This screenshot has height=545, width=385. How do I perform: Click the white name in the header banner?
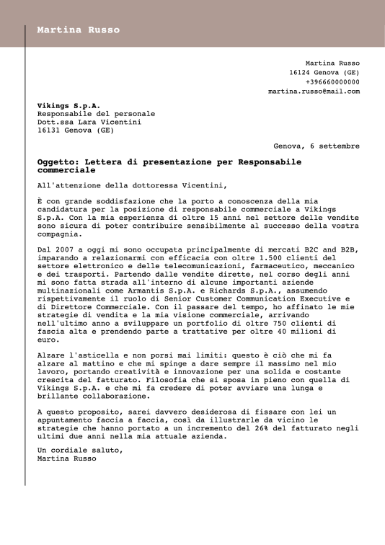point(78,30)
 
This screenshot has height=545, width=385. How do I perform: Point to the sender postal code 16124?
point(300,73)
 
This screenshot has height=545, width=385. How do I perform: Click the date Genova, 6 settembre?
point(317,146)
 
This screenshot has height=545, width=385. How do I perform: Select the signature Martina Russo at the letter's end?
point(66,458)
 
